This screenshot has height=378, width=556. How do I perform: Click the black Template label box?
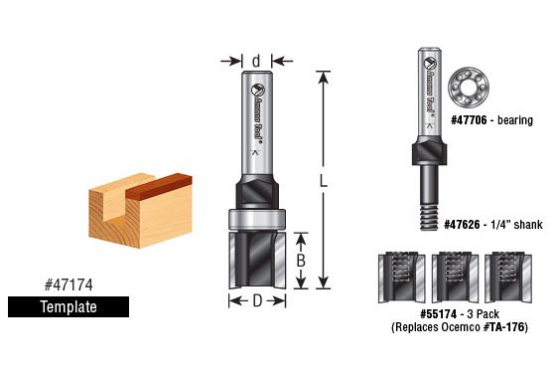coord(69,306)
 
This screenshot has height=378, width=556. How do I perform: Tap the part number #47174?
coord(69,284)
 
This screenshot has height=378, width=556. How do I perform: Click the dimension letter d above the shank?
coord(256,61)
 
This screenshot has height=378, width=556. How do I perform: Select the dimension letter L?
coord(323,181)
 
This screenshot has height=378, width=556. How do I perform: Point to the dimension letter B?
coord(301,261)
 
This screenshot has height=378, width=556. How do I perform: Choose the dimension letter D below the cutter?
coord(257,301)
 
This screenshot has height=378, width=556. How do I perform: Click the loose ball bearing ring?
coord(468,88)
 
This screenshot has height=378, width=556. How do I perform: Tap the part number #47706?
coord(469,120)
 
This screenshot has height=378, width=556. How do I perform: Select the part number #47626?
coord(462,225)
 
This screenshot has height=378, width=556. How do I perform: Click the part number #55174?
coord(438,314)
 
